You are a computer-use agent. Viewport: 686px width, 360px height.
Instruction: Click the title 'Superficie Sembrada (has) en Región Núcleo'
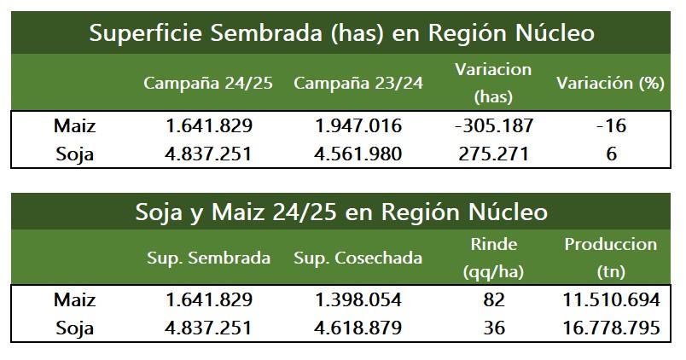pyautogui.click(x=341, y=33)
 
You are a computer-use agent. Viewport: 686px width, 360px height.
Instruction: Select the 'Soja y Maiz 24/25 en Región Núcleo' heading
pyautogui.click(x=341, y=211)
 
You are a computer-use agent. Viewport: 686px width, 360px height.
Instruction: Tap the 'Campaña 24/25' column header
pyautogui.click(x=208, y=84)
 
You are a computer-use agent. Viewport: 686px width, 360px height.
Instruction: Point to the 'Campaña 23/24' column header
pyautogui.click(x=358, y=84)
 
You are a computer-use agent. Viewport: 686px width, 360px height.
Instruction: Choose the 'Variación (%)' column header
pyautogui.click(x=610, y=84)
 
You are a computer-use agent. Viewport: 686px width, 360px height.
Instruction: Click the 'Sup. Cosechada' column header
pyautogui.click(x=358, y=258)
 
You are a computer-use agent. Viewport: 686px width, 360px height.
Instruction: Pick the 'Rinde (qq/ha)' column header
pyautogui.click(x=493, y=258)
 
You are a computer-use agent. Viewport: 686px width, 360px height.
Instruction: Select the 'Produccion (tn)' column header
pyautogui.click(x=610, y=258)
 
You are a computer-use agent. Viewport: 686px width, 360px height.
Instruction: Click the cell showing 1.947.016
pyautogui.click(x=358, y=126)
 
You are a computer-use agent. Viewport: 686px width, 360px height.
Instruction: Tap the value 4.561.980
pyautogui.click(x=358, y=154)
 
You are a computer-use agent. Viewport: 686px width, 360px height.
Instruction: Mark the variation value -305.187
pyautogui.click(x=494, y=126)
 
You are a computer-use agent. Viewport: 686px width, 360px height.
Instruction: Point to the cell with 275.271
pyautogui.click(x=494, y=154)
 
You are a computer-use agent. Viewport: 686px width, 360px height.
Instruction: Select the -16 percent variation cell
pyautogui.click(x=610, y=126)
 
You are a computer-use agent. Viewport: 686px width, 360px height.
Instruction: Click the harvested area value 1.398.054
pyautogui.click(x=358, y=300)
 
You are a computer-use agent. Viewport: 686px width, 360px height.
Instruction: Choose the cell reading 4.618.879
pyautogui.click(x=358, y=328)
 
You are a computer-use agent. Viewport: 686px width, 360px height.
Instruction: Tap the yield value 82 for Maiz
pyautogui.click(x=493, y=300)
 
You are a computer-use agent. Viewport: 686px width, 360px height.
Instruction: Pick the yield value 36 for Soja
pyautogui.click(x=493, y=328)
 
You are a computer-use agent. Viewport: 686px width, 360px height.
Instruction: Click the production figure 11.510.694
pyautogui.click(x=610, y=300)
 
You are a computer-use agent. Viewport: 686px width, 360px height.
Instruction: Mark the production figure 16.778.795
pyautogui.click(x=610, y=328)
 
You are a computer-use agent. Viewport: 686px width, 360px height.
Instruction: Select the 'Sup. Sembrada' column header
pyautogui.click(x=208, y=258)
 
